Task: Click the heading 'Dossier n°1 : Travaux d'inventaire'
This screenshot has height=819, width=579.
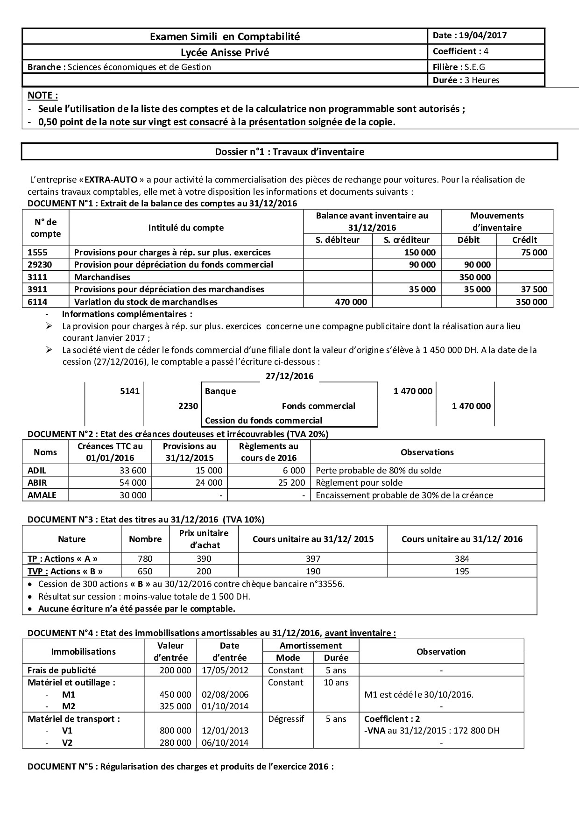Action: [289, 152]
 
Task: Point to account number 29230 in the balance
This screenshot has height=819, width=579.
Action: [41, 265]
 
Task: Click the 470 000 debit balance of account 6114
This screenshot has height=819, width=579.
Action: [351, 302]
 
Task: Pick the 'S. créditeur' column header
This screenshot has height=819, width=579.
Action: [406, 240]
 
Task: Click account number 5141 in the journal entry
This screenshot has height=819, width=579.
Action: [130, 391]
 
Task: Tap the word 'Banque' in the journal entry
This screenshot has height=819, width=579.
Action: [220, 391]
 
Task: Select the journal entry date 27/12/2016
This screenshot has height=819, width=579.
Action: [289, 376]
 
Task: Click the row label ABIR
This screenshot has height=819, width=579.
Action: [37, 483]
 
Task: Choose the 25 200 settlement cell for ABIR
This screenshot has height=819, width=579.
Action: [292, 483]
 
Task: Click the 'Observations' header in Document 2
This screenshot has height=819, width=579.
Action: [427, 452]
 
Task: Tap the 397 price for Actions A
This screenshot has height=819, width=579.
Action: [313, 559]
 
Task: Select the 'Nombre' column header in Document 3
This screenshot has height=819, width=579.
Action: [145, 539]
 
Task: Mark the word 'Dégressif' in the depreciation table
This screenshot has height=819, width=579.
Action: [286, 719]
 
